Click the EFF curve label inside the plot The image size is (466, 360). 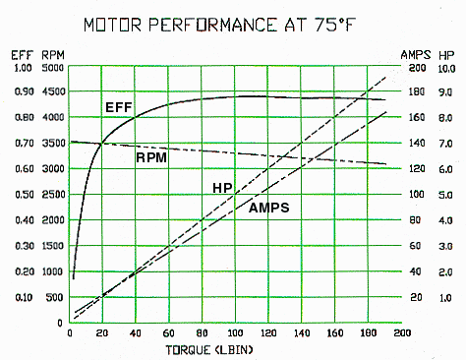click(x=118, y=106)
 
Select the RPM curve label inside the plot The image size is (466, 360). click(x=149, y=156)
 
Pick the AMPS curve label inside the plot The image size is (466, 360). click(x=268, y=208)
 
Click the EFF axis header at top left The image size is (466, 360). click(x=21, y=55)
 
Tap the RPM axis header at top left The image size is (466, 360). click(x=52, y=55)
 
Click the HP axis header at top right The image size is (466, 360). click(x=446, y=55)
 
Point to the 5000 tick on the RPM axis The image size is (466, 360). click(x=51, y=68)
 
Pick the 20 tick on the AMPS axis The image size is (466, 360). click(x=417, y=297)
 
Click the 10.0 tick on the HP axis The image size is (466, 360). click(x=445, y=68)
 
